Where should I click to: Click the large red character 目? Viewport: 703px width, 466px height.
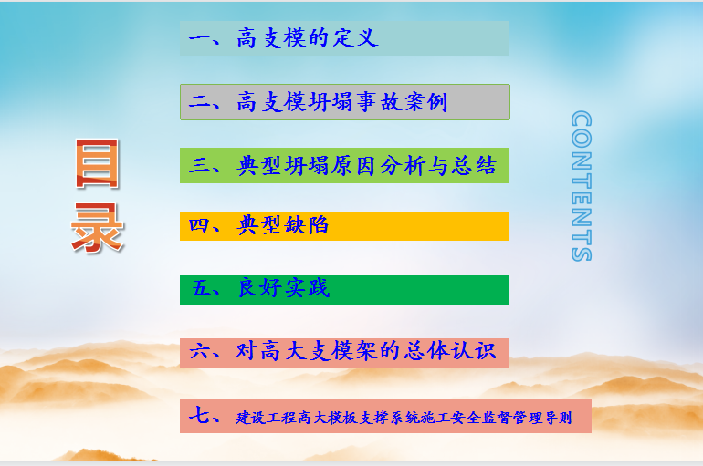98,163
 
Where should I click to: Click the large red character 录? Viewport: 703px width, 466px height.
98,227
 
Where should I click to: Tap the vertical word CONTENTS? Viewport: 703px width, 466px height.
582,186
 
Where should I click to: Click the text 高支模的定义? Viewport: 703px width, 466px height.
308,37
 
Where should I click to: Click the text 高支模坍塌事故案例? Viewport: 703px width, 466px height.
342,101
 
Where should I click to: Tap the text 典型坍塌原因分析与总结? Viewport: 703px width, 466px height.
366,165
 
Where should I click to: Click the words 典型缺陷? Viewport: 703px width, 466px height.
283,224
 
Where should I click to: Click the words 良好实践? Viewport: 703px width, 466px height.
284,287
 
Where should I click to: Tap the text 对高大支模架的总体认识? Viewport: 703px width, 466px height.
366,350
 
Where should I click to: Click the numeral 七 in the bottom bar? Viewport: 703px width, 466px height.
199,415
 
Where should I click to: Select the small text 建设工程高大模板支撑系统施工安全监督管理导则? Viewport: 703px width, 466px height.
404,418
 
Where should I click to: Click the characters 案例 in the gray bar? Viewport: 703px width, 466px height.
425,101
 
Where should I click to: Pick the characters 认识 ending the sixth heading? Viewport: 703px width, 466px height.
474,350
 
